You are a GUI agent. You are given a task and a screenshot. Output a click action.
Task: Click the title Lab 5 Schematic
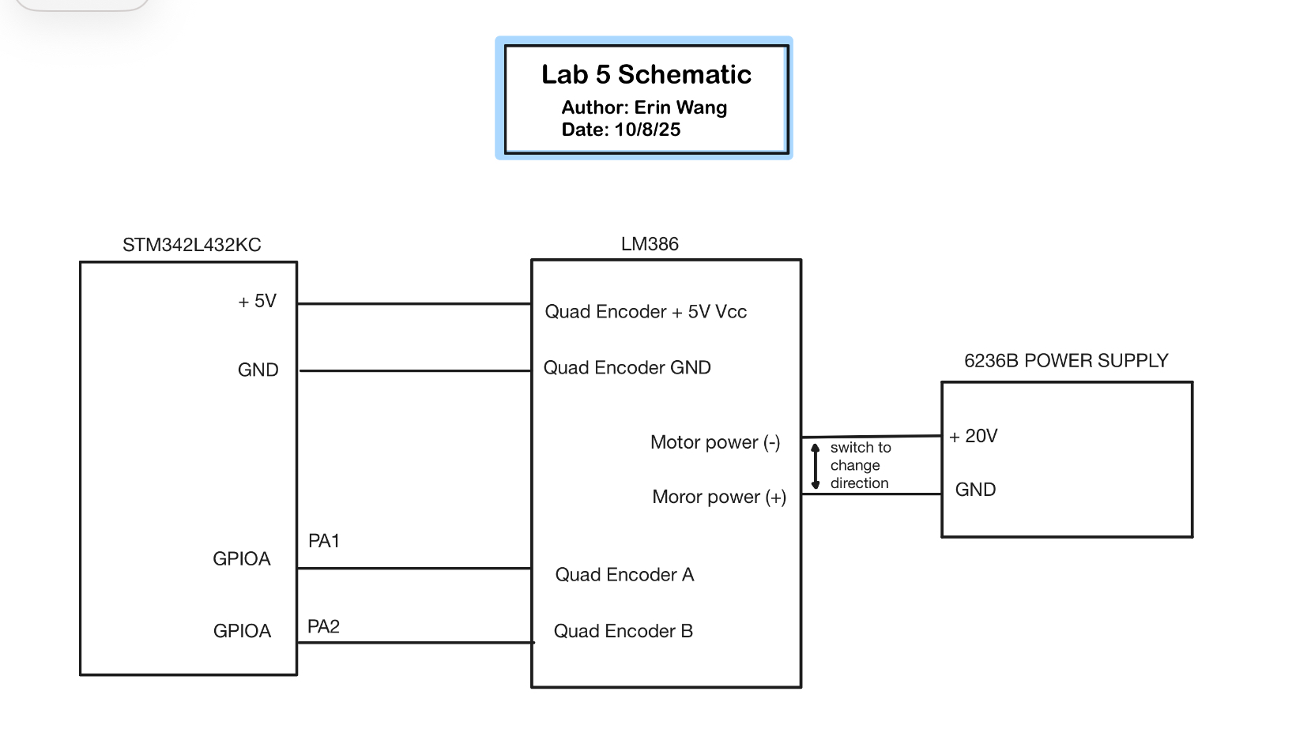(x=646, y=74)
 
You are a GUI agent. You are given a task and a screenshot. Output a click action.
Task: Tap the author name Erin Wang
(x=680, y=108)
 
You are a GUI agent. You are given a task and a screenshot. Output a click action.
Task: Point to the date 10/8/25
(x=647, y=130)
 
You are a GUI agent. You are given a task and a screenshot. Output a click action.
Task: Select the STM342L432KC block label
(x=191, y=245)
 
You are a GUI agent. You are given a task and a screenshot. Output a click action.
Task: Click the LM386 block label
(x=650, y=244)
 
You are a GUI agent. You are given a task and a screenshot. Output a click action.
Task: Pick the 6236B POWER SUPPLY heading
(x=1066, y=361)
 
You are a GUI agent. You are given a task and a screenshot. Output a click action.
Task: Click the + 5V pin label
(x=258, y=301)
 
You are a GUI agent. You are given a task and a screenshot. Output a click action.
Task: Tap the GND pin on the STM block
(x=258, y=370)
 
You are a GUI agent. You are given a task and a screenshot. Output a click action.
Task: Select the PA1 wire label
(x=323, y=540)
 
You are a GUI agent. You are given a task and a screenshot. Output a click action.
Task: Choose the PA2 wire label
(x=323, y=626)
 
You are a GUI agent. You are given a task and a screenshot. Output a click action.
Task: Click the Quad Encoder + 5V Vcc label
(x=646, y=312)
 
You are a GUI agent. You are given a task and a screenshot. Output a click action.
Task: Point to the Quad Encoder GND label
(x=627, y=368)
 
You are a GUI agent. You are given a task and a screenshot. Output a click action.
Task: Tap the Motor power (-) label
(x=715, y=442)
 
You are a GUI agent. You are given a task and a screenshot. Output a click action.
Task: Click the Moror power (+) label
(x=719, y=498)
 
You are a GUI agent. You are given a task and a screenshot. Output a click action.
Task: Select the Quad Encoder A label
(x=625, y=575)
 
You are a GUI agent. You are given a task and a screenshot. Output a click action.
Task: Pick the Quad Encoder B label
(x=624, y=631)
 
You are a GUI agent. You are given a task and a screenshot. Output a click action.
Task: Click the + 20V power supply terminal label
(x=973, y=436)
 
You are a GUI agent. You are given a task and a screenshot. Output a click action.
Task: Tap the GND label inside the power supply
(x=975, y=490)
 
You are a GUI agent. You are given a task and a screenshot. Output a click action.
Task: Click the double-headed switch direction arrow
(x=816, y=466)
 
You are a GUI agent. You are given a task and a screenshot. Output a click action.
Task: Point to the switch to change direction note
(x=861, y=465)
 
